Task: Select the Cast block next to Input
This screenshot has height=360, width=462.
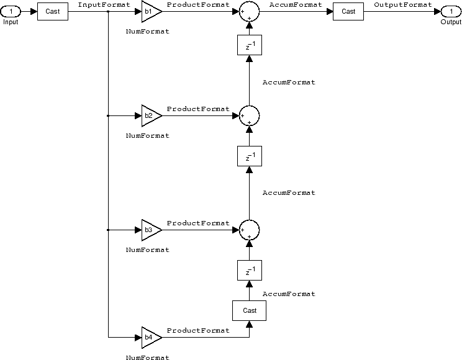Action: pyautogui.click(x=53, y=11)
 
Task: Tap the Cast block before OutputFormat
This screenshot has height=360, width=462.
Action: pyautogui.click(x=348, y=11)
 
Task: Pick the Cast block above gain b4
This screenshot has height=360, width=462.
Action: pyautogui.click(x=250, y=310)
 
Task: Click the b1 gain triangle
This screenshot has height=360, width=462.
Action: pyautogui.click(x=150, y=11)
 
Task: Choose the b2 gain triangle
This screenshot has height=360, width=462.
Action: pyautogui.click(x=150, y=115)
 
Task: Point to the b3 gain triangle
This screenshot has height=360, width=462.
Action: pyautogui.click(x=150, y=230)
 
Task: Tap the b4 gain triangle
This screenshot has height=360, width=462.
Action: pyautogui.click(x=150, y=337)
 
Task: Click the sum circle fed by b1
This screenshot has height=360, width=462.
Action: pyautogui.click(x=249, y=12)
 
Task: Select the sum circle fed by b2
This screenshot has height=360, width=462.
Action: pyautogui.click(x=249, y=115)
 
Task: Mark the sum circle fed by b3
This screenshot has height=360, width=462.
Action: pyautogui.click(x=249, y=230)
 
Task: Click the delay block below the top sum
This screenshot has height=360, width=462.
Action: pyautogui.click(x=249, y=45)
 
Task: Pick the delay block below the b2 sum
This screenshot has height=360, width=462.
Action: pyautogui.click(x=249, y=156)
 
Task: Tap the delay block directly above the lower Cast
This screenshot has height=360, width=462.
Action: pyautogui.click(x=249, y=271)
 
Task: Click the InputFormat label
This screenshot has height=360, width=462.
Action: pyautogui.click(x=104, y=4)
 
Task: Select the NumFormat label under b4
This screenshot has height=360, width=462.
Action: pyautogui.click(x=147, y=358)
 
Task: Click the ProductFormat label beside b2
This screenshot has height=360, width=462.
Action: pyautogui.click(x=198, y=109)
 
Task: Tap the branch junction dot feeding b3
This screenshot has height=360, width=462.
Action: pyautogui.click(x=109, y=230)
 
